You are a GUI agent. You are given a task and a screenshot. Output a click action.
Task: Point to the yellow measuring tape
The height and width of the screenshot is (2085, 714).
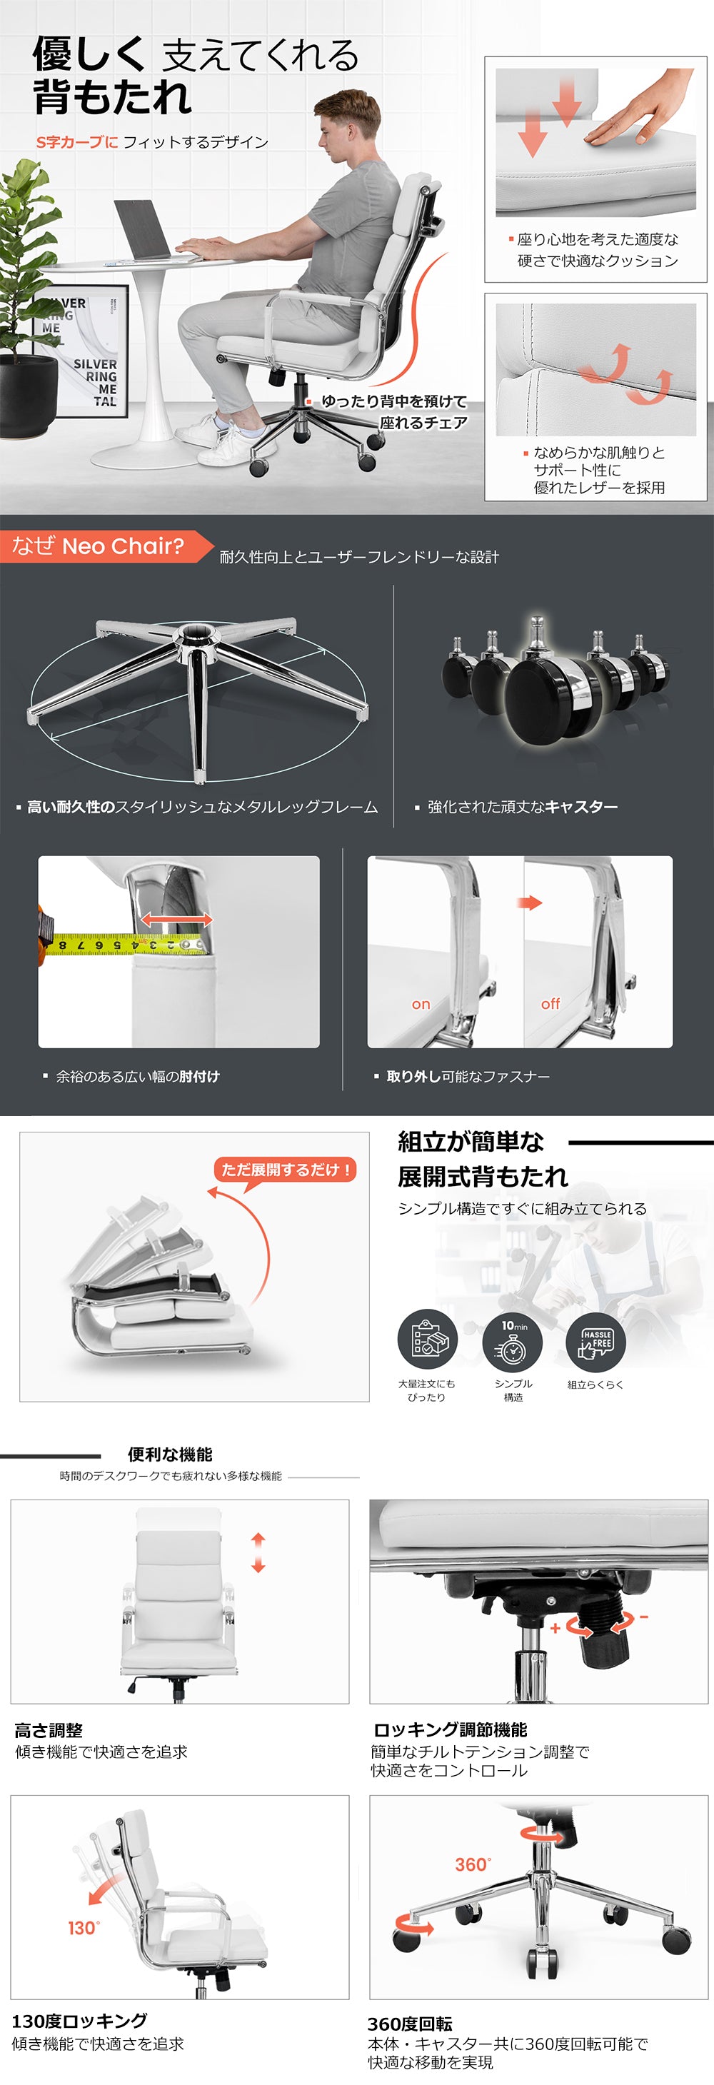click(x=121, y=944)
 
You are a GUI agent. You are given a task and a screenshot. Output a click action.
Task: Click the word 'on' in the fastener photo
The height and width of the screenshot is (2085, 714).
click(x=421, y=1005)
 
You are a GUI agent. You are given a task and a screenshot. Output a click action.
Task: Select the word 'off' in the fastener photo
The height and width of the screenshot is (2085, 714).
click(x=550, y=1004)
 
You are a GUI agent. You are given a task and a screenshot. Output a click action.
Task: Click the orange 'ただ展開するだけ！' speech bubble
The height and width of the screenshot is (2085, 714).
click(x=285, y=1170)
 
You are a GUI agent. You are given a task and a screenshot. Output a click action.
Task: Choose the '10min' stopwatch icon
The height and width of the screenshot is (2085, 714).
click(x=513, y=1340)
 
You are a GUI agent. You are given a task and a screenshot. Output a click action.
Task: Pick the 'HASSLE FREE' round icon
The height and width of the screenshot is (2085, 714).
click(x=595, y=1340)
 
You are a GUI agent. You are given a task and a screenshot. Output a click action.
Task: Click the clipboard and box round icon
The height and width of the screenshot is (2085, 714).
click(x=428, y=1340)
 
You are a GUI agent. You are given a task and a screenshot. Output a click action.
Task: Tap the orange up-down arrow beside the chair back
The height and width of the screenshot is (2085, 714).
click(x=258, y=1552)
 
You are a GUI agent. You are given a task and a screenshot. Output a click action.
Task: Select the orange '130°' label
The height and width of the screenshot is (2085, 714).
click(x=84, y=1929)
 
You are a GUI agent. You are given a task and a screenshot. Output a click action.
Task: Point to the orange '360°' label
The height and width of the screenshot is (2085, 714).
click(x=473, y=1864)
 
